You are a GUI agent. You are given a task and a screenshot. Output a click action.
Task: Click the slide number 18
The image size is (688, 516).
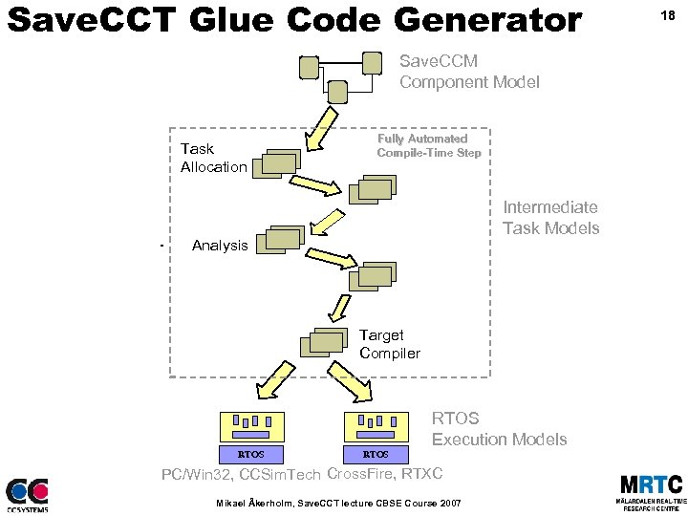(667, 16)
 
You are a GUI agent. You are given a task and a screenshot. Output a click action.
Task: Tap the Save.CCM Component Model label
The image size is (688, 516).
(468, 72)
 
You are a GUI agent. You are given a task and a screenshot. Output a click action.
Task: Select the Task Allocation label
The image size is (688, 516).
(213, 158)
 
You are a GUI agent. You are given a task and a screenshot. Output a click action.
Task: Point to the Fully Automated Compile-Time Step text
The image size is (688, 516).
(428, 145)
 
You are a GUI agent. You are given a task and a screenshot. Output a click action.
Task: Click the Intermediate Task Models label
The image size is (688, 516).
(550, 217)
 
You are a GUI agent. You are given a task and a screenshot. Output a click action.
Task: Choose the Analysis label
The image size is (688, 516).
(219, 246)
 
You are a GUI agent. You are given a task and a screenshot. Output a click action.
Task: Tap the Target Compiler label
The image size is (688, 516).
(389, 344)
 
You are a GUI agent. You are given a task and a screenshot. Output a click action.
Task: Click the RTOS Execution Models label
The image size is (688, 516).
(499, 429)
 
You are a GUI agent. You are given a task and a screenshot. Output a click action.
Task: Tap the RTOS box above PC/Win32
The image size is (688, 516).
(250, 453)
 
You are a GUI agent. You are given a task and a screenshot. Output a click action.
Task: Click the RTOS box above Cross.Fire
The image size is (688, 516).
(376, 453)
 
